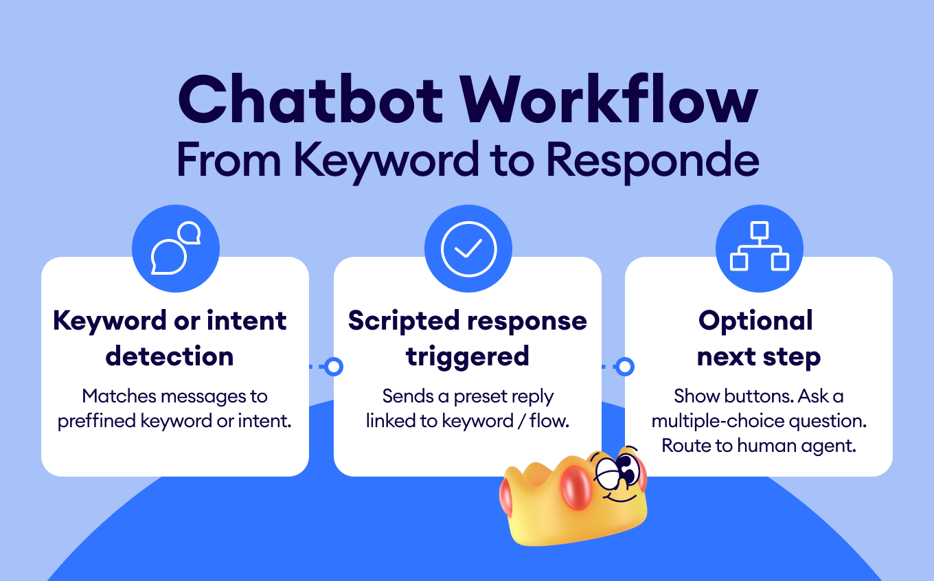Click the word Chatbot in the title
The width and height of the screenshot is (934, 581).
(x=310, y=100)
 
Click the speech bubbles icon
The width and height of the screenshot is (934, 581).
(x=176, y=248)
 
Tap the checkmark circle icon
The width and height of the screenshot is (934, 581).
(x=468, y=249)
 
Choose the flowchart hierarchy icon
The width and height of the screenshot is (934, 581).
(x=760, y=246)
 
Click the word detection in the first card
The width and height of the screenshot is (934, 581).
(x=169, y=356)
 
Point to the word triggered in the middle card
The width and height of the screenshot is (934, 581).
(x=468, y=357)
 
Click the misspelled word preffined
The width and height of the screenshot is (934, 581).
(x=96, y=421)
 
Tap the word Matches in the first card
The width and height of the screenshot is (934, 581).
(x=119, y=396)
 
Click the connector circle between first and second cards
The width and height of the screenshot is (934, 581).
(x=334, y=367)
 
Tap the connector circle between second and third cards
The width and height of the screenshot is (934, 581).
(x=625, y=367)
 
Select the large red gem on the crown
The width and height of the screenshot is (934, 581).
(x=576, y=488)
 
